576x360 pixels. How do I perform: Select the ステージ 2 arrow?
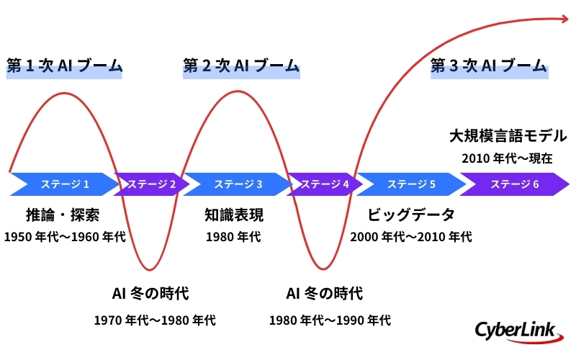click(151, 184)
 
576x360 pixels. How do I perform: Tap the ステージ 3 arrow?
click(238, 184)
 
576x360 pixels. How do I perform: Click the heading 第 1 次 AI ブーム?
click(64, 66)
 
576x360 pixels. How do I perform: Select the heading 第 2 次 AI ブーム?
click(240, 66)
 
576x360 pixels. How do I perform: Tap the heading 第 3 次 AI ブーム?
click(488, 66)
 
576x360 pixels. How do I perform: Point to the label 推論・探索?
click(63, 215)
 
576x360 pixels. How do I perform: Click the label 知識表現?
click(234, 215)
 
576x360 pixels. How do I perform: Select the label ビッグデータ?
click(411, 215)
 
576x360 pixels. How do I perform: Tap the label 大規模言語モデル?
click(508, 135)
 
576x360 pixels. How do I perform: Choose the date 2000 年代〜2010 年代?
click(411, 236)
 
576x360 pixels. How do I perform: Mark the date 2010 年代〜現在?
click(507, 158)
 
